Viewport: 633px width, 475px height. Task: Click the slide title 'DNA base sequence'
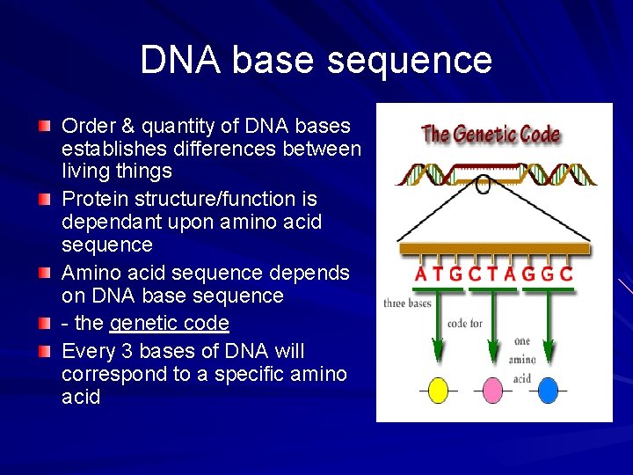(316, 60)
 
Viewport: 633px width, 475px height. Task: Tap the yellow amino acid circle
(437, 390)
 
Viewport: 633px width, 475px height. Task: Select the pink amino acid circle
(492, 390)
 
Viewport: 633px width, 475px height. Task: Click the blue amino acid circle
(548, 390)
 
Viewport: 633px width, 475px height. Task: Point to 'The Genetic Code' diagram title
(491, 135)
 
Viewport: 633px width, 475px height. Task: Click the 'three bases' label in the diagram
(407, 303)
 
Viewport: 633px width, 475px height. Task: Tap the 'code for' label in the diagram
(464, 323)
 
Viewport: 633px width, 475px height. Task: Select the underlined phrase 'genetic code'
(169, 323)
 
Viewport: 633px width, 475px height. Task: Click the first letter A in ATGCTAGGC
(421, 274)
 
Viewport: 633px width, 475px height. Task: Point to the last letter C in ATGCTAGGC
(566, 274)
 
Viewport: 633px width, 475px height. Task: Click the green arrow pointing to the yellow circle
(437, 330)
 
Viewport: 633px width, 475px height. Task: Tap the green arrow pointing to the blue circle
(548, 330)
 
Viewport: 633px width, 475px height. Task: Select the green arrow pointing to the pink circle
(492, 330)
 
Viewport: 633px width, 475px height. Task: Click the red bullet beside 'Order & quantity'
(45, 127)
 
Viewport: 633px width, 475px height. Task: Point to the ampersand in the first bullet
(123, 126)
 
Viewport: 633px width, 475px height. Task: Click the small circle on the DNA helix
(483, 185)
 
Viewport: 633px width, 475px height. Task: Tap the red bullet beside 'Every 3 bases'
(45, 352)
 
